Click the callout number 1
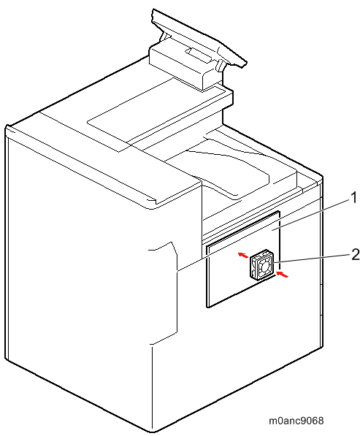coord(353,198)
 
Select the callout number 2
coord(355,255)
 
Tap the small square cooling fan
coord(262,264)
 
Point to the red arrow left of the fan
coord(243,255)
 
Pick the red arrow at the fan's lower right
coord(283,274)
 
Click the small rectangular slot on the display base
coord(198,55)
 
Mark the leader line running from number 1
coord(264,234)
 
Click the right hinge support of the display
coord(220,65)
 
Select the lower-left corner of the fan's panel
coord(207,307)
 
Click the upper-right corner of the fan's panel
coord(279,211)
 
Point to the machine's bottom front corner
coord(153,432)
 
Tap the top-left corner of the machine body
coord(7,126)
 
